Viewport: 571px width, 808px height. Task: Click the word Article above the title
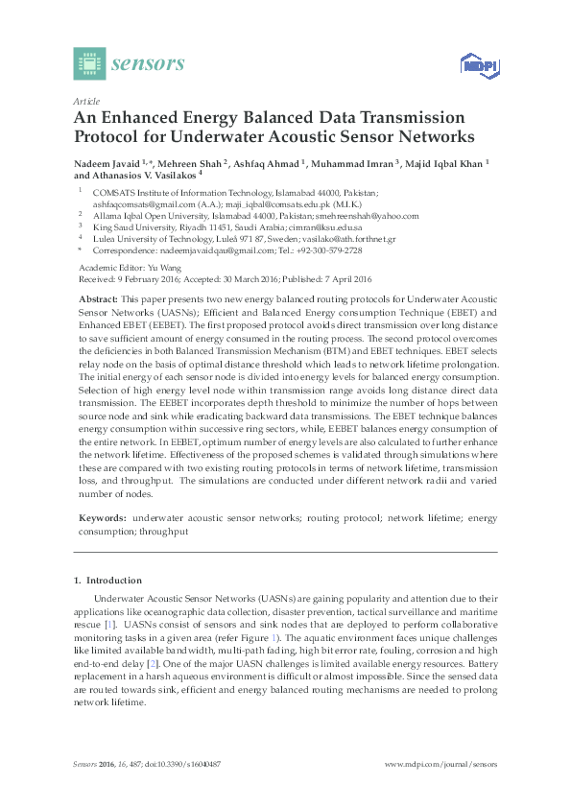tap(84, 100)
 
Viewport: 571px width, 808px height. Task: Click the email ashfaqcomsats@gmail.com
tap(143, 203)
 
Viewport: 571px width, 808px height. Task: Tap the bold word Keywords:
tap(101, 517)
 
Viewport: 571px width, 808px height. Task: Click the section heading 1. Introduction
tap(107, 581)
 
